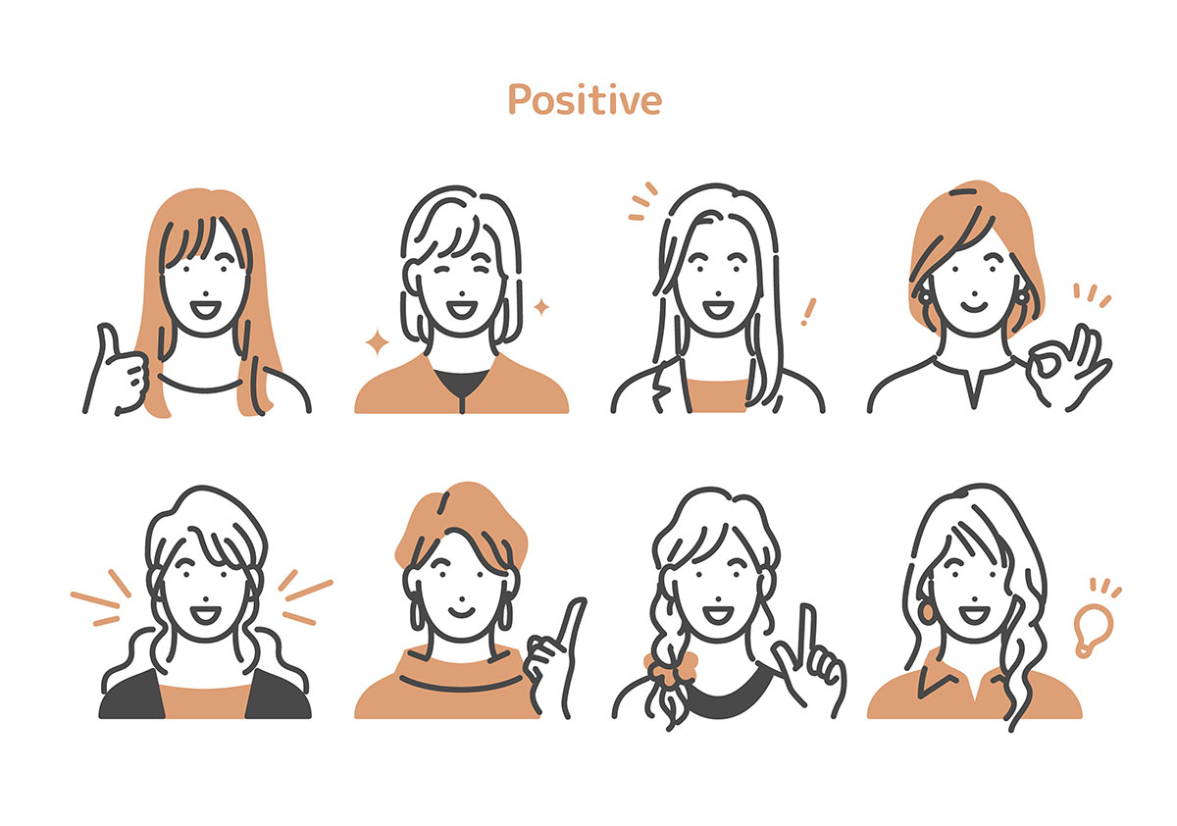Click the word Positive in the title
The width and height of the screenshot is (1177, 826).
click(585, 99)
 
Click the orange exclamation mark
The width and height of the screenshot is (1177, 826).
click(808, 312)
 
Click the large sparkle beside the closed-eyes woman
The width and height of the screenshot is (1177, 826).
click(378, 342)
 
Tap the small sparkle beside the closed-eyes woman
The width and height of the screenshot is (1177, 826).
click(541, 307)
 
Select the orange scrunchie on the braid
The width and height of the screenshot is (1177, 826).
click(671, 669)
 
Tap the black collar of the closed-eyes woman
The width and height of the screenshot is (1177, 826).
click(462, 385)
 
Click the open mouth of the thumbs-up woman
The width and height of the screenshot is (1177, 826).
click(205, 309)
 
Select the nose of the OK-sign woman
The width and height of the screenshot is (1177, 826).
click(974, 293)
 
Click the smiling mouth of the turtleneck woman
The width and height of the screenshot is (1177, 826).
click(461, 612)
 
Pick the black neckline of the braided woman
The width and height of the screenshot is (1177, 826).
click(731, 693)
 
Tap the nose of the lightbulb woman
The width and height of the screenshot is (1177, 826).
click(974, 598)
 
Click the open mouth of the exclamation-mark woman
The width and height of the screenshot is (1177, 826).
click(718, 309)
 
